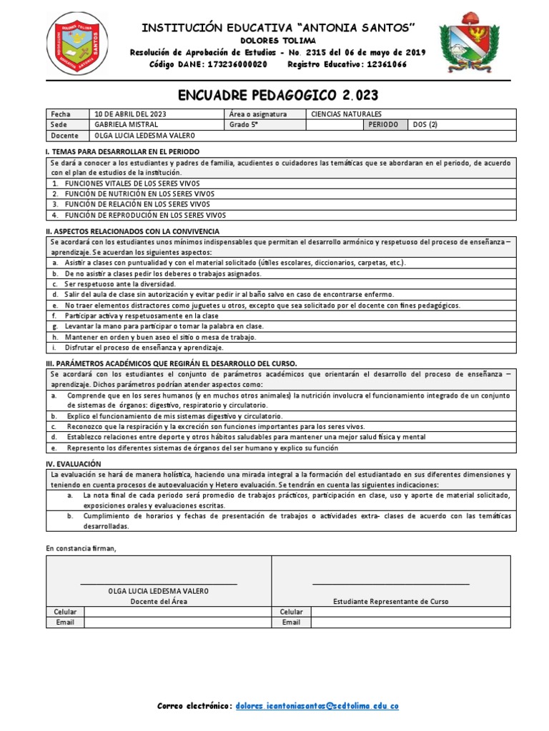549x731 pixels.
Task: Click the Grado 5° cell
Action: pos(244,124)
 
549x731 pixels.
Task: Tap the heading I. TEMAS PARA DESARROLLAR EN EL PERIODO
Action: pos(122,152)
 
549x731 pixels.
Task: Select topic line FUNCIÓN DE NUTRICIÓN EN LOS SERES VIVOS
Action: pos(139,194)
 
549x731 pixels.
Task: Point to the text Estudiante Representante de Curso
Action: pos(391,602)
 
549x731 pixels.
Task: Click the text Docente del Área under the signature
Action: pos(158,602)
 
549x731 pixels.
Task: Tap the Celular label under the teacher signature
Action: pos(65,612)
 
